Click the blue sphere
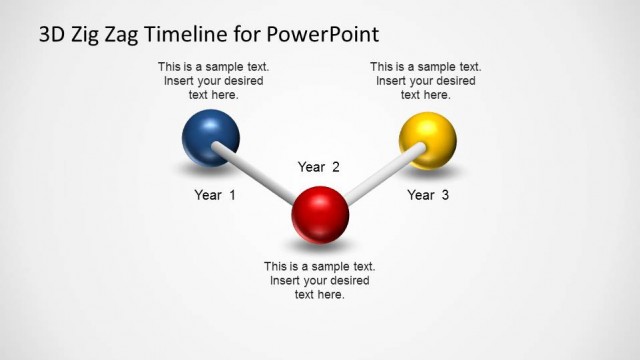coord(211,137)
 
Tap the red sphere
coord(320,213)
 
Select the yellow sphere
coord(427,140)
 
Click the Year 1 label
coord(215,195)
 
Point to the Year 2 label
coord(319,167)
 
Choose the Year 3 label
coord(428,195)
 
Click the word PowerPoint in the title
coord(323,34)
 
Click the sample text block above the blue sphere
coord(213,81)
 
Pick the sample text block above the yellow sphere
coord(426,81)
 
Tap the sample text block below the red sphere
coord(320,280)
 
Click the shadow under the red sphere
coord(320,244)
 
